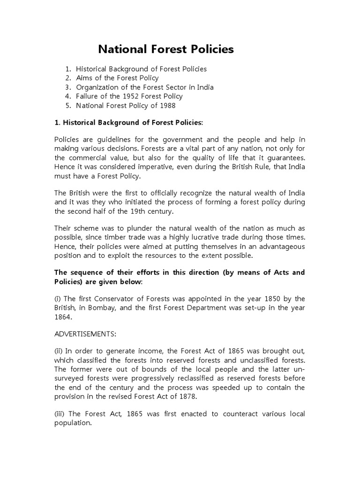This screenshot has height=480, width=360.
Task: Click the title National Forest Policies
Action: point(165,49)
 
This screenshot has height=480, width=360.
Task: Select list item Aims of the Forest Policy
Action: point(117,78)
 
